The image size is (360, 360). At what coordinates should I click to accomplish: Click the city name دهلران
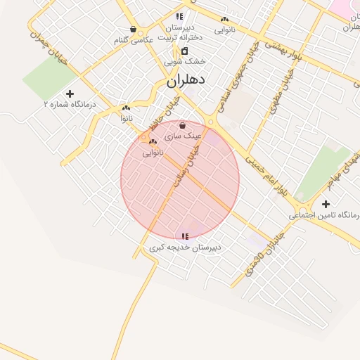pyautogui.click(x=186, y=81)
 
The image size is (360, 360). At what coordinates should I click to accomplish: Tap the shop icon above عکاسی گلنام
pyautogui.click(x=134, y=30)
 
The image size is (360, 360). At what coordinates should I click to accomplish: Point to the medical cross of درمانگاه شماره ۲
pyautogui.click(x=69, y=94)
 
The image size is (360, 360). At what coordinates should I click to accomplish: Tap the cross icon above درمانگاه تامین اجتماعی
pyautogui.click(x=325, y=204)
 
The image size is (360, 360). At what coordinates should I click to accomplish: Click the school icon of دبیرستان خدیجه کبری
pyautogui.click(x=185, y=237)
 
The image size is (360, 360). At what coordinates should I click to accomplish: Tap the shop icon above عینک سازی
pyautogui.click(x=183, y=124)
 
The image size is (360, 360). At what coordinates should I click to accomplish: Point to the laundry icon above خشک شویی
pyautogui.click(x=184, y=51)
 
